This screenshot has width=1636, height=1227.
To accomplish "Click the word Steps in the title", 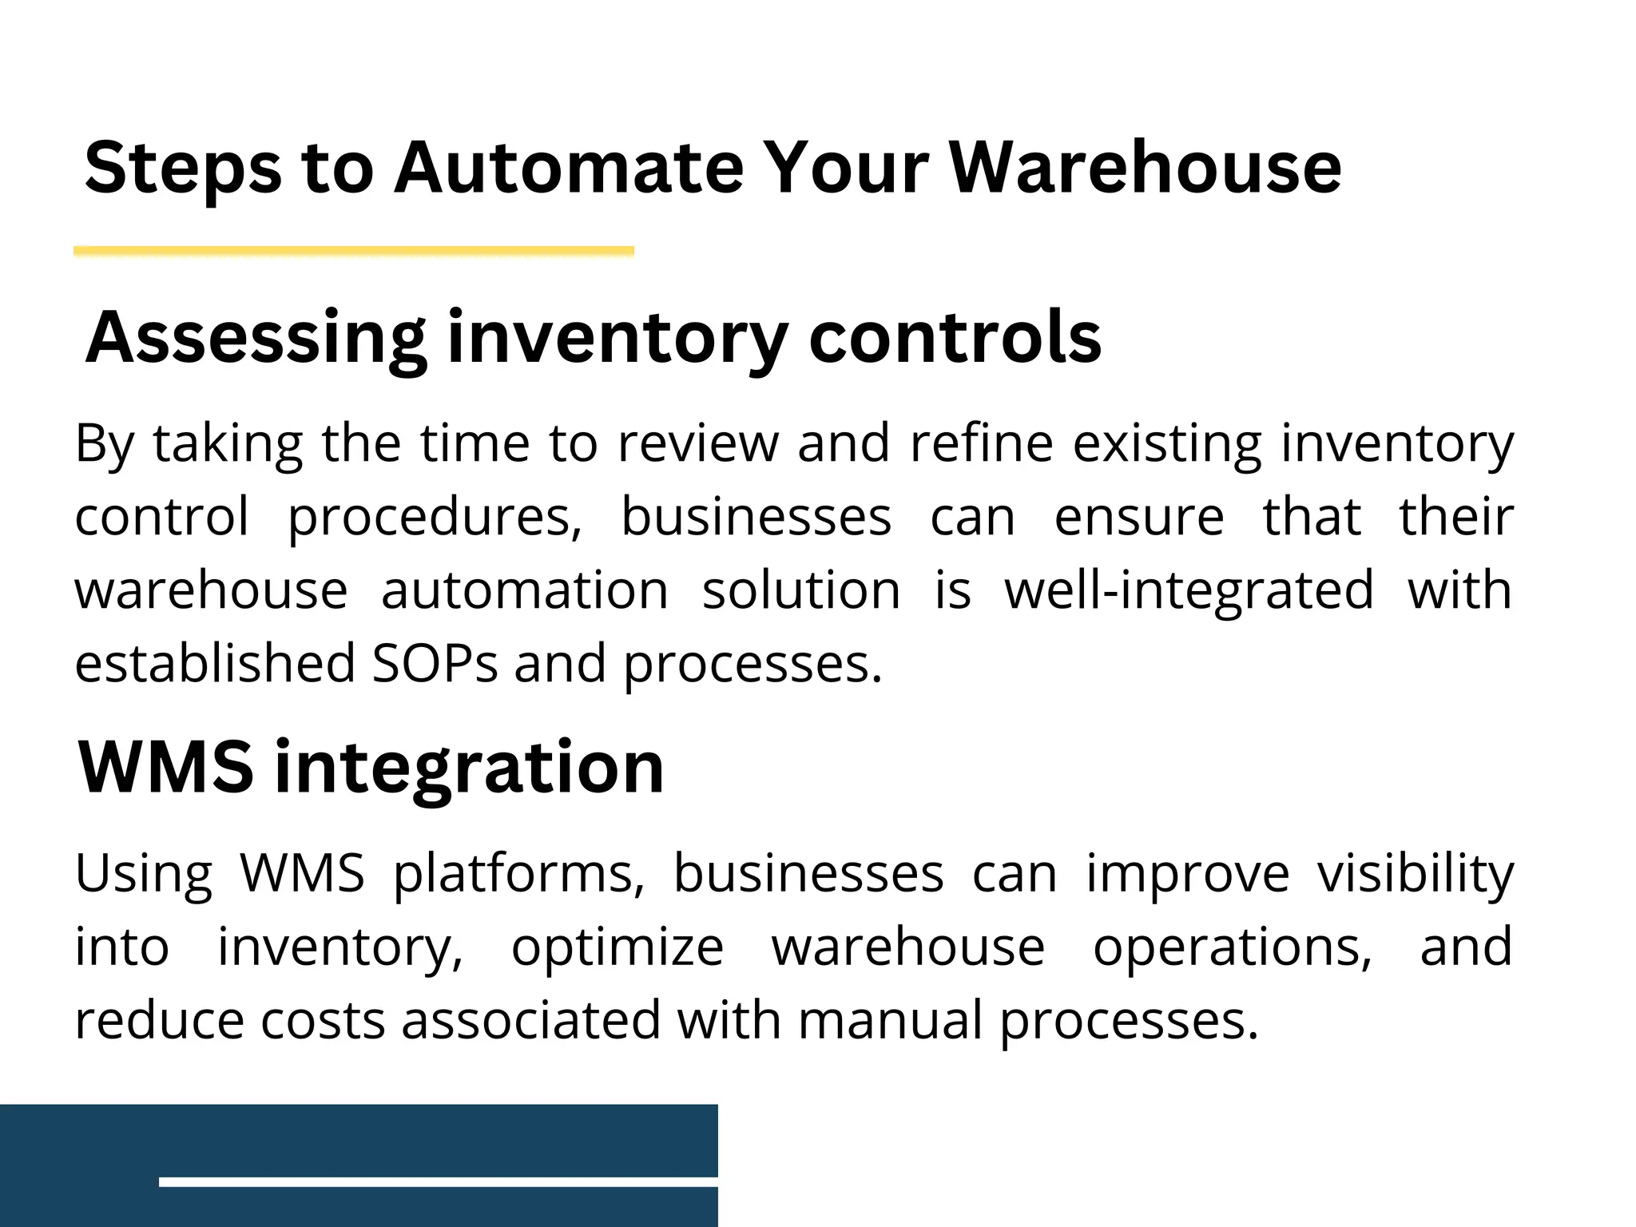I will coord(183,169).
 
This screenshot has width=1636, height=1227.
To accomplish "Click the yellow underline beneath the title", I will coord(354,252).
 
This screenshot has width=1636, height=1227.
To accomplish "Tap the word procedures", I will coord(435,518).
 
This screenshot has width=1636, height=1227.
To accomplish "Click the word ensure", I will coord(1139,517).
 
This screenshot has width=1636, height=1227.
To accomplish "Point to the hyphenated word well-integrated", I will coord(1189,591).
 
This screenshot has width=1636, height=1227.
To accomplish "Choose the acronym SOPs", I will coord(435,664).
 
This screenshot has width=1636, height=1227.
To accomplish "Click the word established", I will coord(215,664).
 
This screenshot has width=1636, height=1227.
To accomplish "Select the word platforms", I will coord(519,874).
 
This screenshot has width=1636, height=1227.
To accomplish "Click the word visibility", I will coord(1415,874).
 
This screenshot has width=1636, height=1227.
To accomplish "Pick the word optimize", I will coord(617,948).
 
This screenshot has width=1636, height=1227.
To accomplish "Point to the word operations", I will coord(1233,948).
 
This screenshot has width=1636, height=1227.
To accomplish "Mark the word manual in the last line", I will coord(890,1021).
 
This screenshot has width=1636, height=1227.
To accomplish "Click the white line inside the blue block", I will coord(438,1181).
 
